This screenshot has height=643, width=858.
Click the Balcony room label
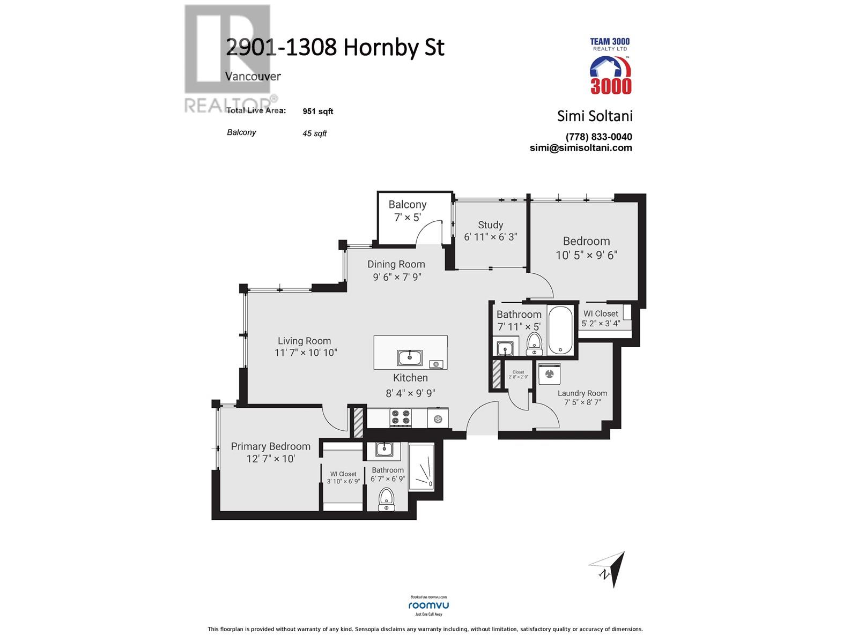(x=407, y=204)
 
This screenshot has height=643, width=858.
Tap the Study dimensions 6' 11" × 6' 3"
(x=490, y=237)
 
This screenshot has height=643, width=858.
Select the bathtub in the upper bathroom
(x=561, y=330)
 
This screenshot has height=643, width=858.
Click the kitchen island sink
(x=410, y=357)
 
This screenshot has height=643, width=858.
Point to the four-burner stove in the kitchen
(x=400, y=418)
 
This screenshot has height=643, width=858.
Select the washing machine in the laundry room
(x=548, y=373)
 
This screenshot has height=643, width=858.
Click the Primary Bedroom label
(x=270, y=446)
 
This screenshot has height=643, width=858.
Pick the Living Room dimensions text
(x=306, y=353)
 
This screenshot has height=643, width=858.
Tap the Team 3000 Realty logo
(x=610, y=67)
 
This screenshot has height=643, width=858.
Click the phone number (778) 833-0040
(x=598, y=137)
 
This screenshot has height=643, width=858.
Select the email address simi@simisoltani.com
(x=581, y=148)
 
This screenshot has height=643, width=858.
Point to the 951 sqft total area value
(x=317, y=111)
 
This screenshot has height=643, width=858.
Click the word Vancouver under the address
(x=253, y=76)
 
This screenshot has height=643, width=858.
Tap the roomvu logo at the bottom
(x=428, y=605)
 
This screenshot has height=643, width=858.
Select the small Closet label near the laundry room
(x=518, y=372)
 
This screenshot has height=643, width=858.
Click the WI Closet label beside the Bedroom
(x=601, y=313)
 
